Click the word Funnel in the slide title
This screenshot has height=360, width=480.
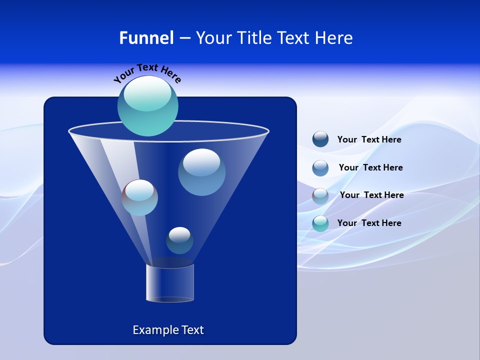click(x=146, y=38)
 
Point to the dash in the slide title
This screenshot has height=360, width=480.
click(x=184, y=38)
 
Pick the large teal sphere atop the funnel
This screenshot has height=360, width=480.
click(x=148, y=106)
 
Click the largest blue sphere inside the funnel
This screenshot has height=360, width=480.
click(x=201, y=172)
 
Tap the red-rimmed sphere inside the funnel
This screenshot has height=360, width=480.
click(x=140, y=197)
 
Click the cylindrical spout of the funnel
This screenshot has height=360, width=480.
click(x=170, y=283)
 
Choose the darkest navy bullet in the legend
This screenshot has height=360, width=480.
click(x=320, y=139)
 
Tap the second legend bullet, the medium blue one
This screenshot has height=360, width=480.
click(x=320, y=168)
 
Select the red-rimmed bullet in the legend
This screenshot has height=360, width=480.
click(x=320, y=196)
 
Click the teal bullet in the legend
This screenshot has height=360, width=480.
click(x=320, y=223)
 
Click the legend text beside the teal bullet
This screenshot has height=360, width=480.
click(x=369, y=223)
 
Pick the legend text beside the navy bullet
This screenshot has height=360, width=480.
click(x=369, y=139)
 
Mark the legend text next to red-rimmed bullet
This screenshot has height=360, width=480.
click(x=371, y=195)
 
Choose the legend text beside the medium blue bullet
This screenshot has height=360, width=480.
click(x=370, y=167)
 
